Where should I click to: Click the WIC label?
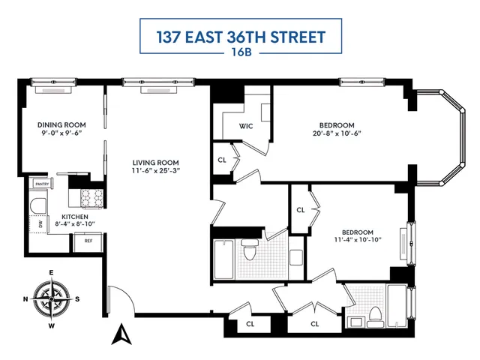pos(245,125)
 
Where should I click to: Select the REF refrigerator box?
pos(88,241)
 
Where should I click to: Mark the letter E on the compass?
pos(51,272)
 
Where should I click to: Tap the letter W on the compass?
pos(51,326)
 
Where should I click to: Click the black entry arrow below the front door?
pos(119,335)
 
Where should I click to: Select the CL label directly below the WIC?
pos(223,160)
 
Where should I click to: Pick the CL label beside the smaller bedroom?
pos(301,210)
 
